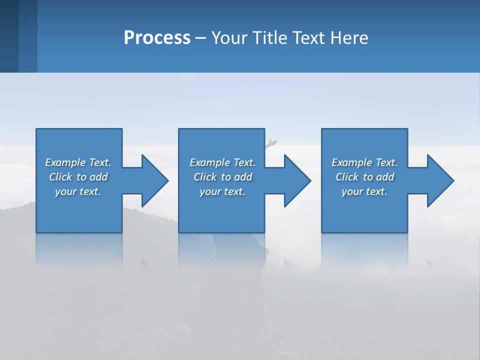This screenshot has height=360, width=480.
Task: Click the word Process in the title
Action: pos(157,38)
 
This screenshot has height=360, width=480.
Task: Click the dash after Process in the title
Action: pos(201,38)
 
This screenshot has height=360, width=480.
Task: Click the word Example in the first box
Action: pos(65,162)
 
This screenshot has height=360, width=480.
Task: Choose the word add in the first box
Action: pos(98,177)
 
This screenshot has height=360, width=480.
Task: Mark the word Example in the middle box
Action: pos(210,162)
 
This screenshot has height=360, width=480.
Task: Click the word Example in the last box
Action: pos(352,162)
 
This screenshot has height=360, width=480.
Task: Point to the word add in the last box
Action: pos(385,177)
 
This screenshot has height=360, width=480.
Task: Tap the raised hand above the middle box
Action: pos(271,143)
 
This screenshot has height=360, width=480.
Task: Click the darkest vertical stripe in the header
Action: pos(9,36)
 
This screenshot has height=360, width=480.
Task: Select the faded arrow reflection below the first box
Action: pos(146,263)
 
